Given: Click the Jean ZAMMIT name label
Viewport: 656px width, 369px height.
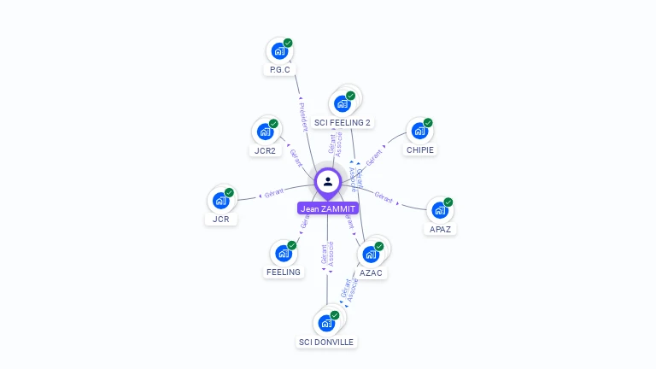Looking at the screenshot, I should pos(328,208).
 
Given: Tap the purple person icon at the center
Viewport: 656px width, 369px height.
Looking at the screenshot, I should pos(328,181).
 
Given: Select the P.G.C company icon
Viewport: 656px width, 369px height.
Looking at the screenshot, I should pos(278,51).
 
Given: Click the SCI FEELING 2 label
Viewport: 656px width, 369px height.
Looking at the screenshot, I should pos(343,122).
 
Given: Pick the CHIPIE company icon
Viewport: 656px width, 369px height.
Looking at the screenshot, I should pos(419,132).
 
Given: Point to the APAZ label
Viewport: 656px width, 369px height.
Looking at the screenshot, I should pos(440,229).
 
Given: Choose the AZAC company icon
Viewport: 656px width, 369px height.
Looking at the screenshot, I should pos(370,255).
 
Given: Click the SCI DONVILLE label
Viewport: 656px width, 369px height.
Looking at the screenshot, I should pos(325,342).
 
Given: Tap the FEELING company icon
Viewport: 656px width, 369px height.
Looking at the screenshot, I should pos(283,254).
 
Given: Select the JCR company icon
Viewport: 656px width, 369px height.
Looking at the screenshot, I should pos(220,201).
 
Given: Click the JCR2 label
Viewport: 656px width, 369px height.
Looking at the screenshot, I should pos(265,150).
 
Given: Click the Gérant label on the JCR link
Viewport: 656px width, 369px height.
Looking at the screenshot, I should pos(273,193).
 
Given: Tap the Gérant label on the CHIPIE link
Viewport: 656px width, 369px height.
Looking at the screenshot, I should pos(374,158).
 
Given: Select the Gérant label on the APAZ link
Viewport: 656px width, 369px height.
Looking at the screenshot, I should pos(384,196).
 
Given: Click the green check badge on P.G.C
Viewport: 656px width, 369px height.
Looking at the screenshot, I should pos(289,43).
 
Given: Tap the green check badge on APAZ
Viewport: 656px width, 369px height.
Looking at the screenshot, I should pos(448,202).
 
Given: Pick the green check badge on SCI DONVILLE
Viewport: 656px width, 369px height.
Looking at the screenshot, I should pos(335,315).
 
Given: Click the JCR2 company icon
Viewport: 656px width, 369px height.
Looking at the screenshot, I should pos(265,132).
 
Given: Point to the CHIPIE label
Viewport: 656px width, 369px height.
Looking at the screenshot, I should pos(420,149).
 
